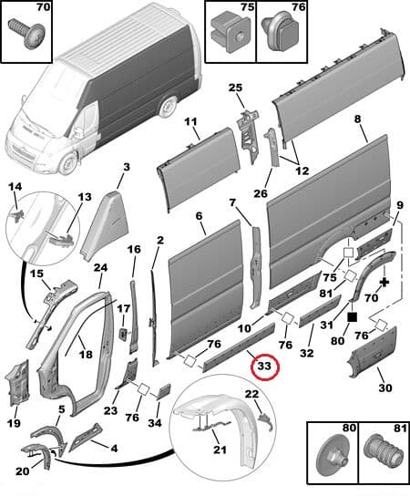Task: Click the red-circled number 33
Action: click(x=264, y=367)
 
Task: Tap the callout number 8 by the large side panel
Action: click(x=358, y=119)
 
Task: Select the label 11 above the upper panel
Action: click(x=190, y=122)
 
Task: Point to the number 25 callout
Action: click(x=235, y=88)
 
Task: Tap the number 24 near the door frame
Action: click(x=100, y=268)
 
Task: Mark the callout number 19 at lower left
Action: click(x=13, y=422)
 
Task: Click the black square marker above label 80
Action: click(x=353, y=316)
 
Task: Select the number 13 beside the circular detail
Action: click(x=85, y=198)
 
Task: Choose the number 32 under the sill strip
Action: click(x=305, y=352)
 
